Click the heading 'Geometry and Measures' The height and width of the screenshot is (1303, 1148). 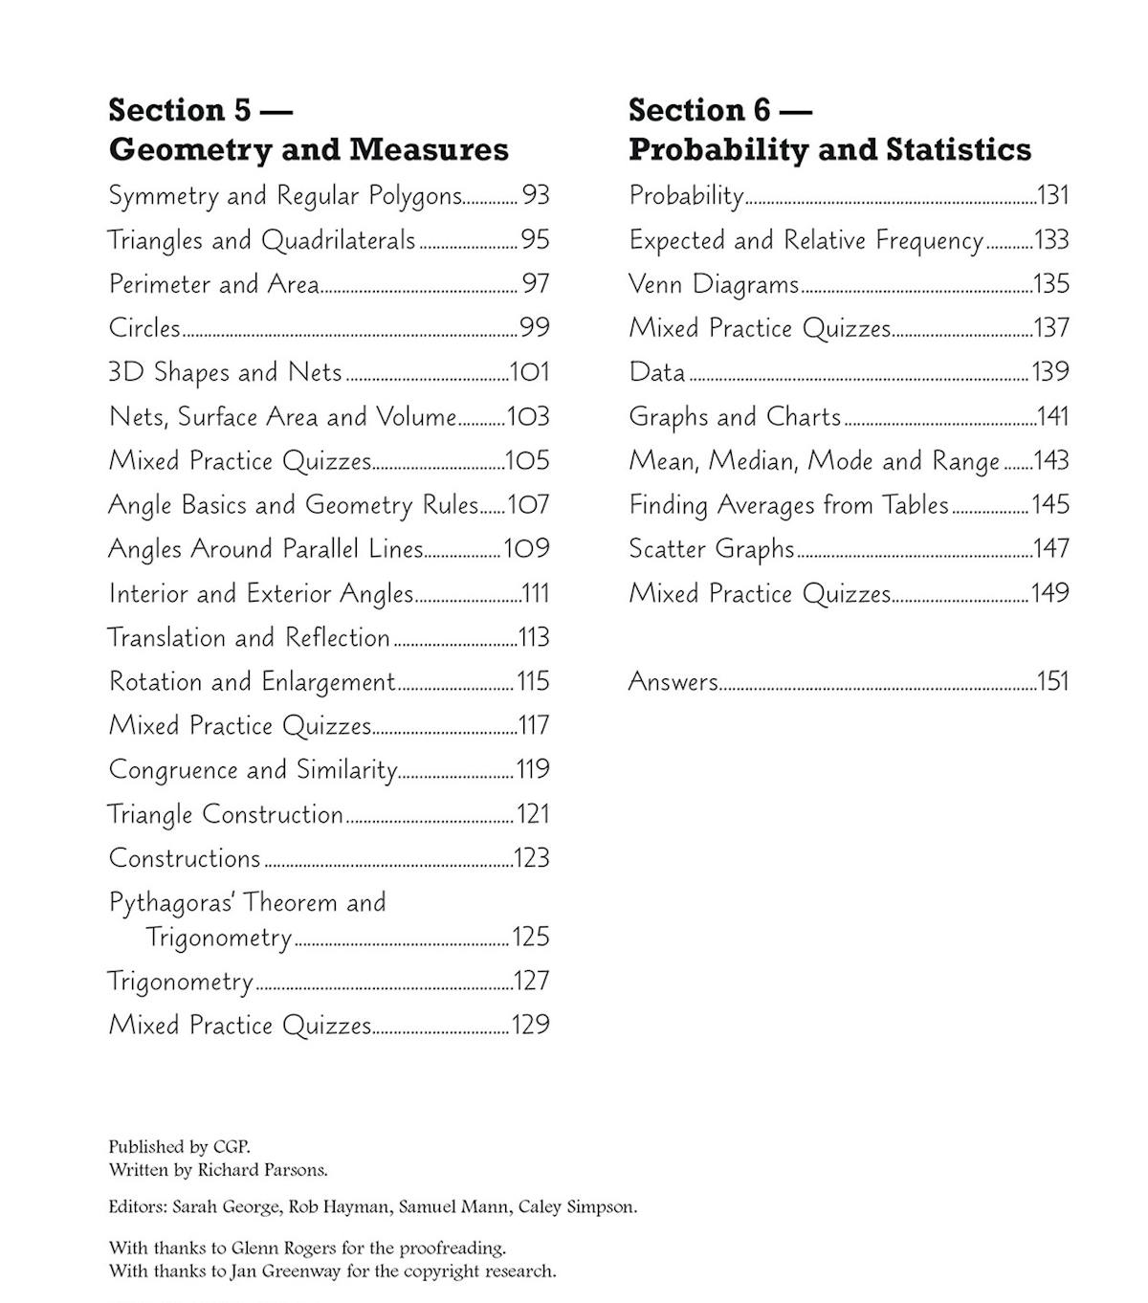(308, 149)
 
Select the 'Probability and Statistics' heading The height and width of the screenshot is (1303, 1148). (829, 149)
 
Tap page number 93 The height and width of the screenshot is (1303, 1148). (536, 195)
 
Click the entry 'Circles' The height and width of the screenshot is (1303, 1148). (144, 328)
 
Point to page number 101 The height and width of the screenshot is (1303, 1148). (529, 372)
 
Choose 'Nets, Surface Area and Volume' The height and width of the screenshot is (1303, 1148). (282, 417)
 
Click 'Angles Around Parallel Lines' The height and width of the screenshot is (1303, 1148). (265, 549)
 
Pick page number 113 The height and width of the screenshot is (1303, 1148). (533, 637)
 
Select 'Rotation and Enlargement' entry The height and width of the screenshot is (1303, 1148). (252, 682)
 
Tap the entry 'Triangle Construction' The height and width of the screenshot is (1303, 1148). (225, 814)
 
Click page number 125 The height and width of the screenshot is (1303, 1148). (531, 937)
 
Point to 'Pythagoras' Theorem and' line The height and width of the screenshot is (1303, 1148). (247, 902)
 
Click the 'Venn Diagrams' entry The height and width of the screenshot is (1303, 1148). (713, 284)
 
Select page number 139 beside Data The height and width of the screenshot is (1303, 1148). (1049, 372)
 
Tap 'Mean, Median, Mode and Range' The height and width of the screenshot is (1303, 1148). (814, 461)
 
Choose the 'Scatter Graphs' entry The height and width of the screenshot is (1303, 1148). (711, 549)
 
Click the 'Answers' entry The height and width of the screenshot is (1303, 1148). (673, 682)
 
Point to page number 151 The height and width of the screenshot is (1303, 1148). (1052, 681)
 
